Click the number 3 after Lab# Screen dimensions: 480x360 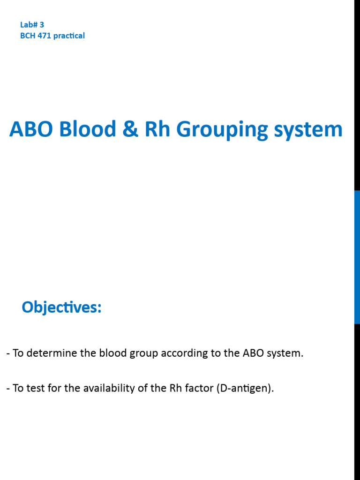[42, 25]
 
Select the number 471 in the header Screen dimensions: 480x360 [45, 36]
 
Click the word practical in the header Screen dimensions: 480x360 [69, 36]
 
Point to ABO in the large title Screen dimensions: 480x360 [31, 129]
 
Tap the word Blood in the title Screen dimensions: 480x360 [88, 129]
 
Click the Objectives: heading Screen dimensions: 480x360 [61, 308]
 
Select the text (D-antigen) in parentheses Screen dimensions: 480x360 [245, 389]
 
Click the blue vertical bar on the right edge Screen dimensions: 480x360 [357, 257]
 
